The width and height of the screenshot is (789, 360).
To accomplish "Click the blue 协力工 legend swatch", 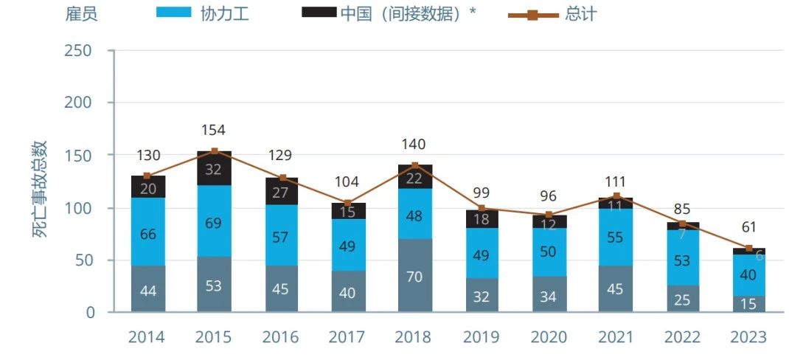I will (x=173, y=13).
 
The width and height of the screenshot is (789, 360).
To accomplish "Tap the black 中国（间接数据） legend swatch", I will (x=319, y=13).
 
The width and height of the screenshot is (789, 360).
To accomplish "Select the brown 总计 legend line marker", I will (x=532, y=14).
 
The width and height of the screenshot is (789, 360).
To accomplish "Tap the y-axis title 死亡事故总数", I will (x=41, y=188).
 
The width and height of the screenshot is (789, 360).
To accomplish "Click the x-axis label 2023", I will (x=748, y=337).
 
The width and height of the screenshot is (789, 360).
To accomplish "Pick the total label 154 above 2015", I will (x=213, y=131).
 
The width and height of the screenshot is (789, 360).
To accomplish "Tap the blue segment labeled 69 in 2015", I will (x=213, y=221).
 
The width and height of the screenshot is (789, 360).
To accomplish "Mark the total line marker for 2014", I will (x=147, y=176).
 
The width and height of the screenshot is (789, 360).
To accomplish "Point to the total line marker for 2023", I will (x=748, y=248).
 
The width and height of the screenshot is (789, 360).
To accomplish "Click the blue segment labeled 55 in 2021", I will (x=615, y=238).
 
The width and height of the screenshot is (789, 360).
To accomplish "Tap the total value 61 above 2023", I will (x=748, y=226).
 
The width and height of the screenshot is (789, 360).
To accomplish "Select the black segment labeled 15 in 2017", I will (x=347, y=211).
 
